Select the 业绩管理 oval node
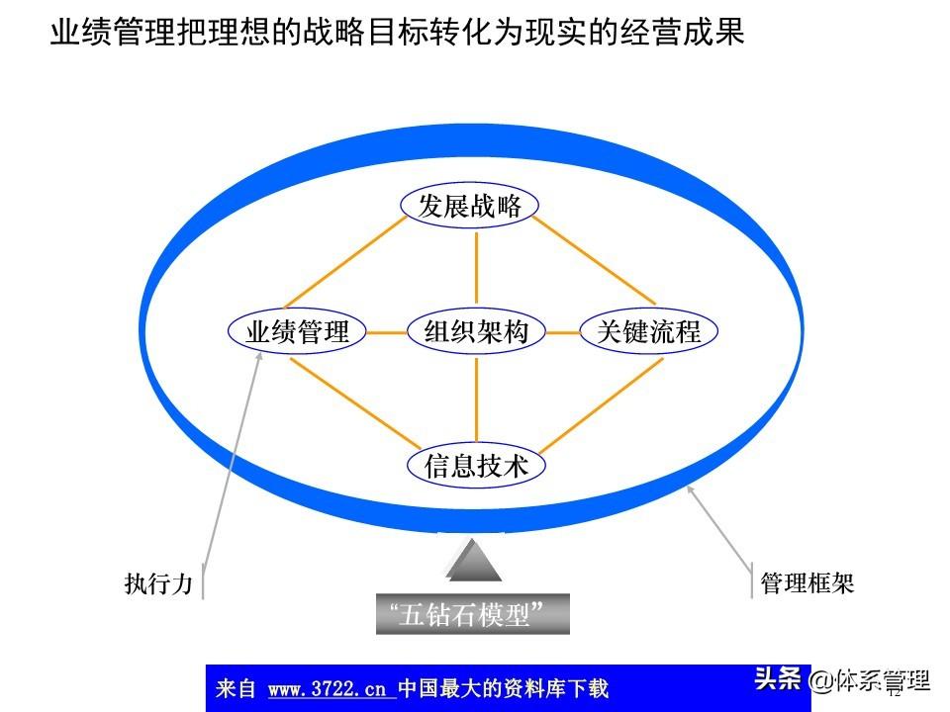[x=298, y=332]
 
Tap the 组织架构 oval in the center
[x=476, y=332]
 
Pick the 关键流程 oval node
[x=648, y=332]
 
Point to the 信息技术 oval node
[x=476, y=466]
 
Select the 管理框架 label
[x=807, y=583]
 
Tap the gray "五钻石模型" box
[x=473, y=614]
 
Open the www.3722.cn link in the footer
[x=331, y=688]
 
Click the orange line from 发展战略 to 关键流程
[x=601, y=262]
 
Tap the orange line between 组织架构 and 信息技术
[x=476, y=400]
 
